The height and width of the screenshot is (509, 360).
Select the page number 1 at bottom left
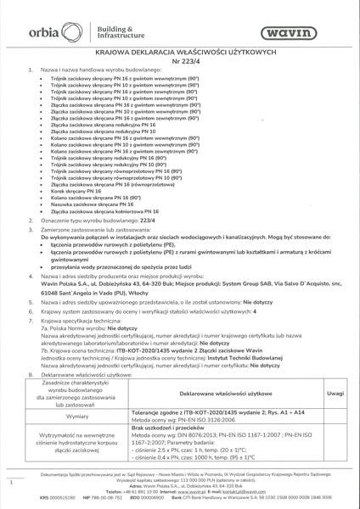(10, 482)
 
